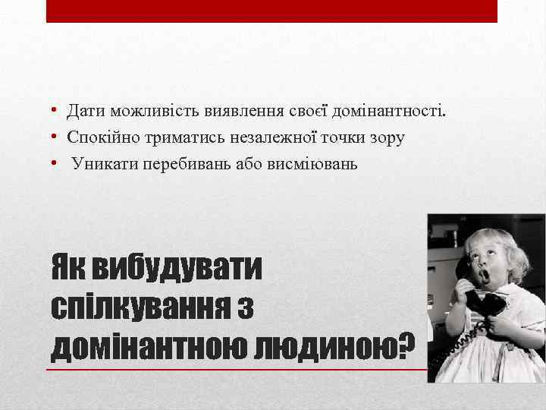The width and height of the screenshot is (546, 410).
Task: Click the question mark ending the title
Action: click(406, 345)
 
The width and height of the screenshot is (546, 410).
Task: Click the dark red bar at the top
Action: click(271, 11)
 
